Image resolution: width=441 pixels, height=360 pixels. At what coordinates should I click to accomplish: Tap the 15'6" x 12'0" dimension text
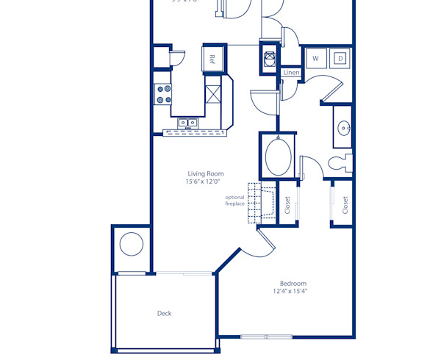tap(204, 181)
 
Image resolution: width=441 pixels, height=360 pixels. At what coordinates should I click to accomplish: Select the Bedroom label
tap(293, 284)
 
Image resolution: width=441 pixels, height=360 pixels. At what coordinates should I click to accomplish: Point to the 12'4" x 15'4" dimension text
tap(292, 292)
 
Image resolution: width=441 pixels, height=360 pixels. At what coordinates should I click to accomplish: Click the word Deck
tap(164, 313)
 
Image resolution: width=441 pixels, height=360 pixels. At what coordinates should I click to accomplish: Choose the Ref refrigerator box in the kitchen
tap(212, 59)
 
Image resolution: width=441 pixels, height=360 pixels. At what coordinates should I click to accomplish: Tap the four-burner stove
tap(162, 93)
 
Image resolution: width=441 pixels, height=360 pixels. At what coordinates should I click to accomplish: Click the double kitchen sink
tap(188, 123)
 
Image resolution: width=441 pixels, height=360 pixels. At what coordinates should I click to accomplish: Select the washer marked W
tap(315, 58)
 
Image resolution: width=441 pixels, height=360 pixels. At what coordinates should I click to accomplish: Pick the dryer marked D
tap(340, 58)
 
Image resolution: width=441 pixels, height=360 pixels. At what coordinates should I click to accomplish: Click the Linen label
tap(291, 73)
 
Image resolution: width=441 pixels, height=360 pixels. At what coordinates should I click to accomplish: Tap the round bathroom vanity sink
tap(343, 129)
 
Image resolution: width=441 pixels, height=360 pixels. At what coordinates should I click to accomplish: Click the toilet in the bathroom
tap(340, 162)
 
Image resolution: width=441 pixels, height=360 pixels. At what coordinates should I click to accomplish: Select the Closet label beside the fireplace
tap(287, 205)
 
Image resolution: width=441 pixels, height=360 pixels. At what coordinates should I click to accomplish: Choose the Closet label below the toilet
tap(344, 205)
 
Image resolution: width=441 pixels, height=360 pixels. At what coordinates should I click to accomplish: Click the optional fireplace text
tap(234, 201)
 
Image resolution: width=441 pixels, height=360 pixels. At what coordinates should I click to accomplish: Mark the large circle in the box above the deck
tap(131, 243)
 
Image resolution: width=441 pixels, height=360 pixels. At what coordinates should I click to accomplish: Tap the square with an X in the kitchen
tap(213, 94)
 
